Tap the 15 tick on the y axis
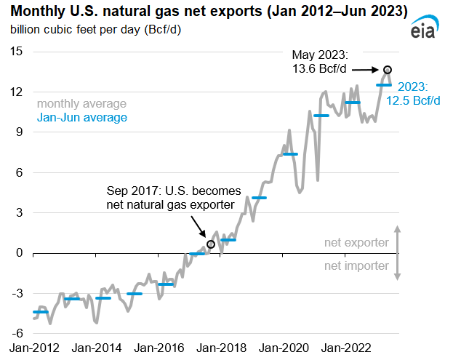coord(16,52)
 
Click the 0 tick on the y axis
coord(20,253)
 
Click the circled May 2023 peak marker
coord(388,70)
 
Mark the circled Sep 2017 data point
coord(211,244)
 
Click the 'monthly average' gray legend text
coord(81,104)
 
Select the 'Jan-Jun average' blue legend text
coord(82,117)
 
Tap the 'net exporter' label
coord(356,243)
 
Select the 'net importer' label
coord(356,265)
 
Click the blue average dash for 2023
coord(384,85)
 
